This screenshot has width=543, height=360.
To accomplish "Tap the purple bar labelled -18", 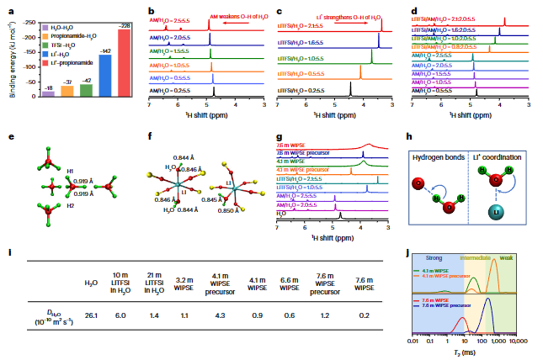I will pyautogui.click(x=48, y=93).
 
